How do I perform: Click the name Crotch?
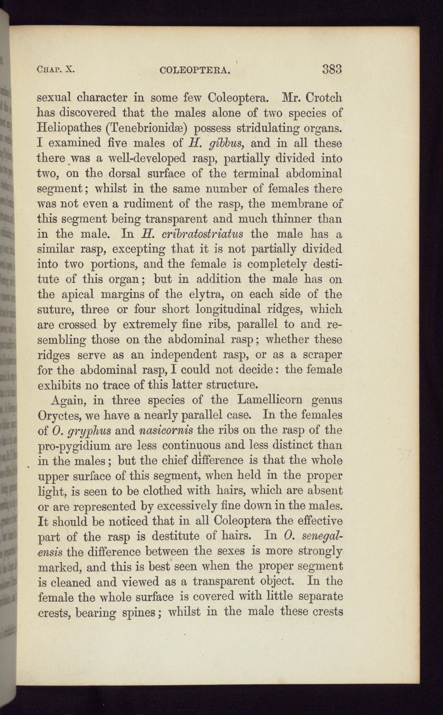click(324, 97)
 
